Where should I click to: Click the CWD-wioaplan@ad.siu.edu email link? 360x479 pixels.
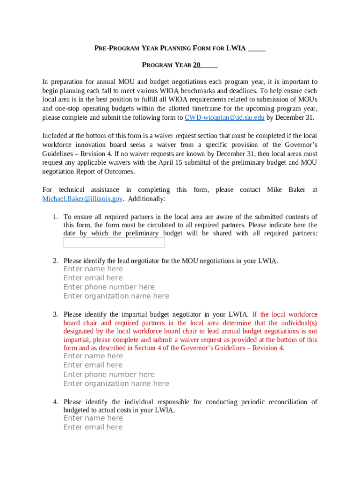(224, 117)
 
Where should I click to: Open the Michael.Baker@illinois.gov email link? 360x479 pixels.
(82, 199)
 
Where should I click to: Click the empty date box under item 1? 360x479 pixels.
(114, 242)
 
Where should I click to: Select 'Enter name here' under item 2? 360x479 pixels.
(93, 269)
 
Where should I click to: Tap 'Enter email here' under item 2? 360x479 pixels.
(93, 278)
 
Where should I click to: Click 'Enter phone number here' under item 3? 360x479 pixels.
(109, 374)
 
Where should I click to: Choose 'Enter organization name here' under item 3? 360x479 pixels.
(116, 384)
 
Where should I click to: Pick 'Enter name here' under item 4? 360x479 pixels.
(93, 418)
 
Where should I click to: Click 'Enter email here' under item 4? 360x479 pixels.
(93, 427)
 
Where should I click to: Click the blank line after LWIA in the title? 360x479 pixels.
(256, 48)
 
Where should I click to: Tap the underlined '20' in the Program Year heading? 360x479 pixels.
(197, 65)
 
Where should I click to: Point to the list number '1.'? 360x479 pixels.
(55, 217)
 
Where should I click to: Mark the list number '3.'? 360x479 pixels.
(55, 315)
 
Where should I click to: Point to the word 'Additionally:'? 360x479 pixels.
(146, 199)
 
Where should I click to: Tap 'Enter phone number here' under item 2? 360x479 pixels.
(109, 287)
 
